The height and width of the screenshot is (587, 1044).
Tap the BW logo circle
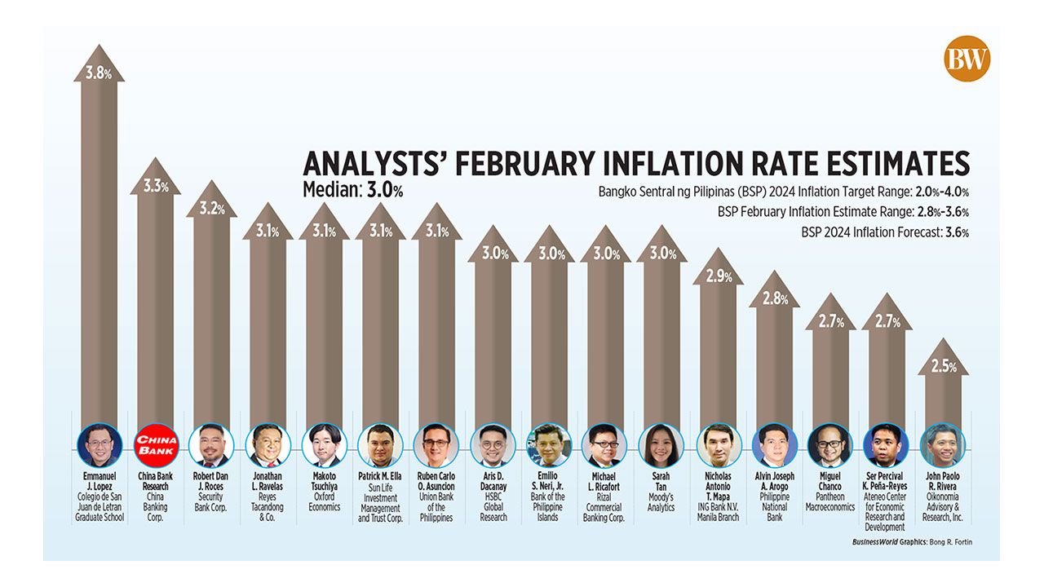point(967,60)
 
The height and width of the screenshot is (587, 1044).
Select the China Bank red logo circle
point(155,445)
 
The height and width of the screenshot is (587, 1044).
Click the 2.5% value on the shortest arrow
point(943,367)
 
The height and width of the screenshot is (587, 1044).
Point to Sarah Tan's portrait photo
point(661,445)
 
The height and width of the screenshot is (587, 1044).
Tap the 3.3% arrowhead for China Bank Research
point(155,186)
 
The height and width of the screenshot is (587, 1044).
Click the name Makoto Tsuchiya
point(324,481)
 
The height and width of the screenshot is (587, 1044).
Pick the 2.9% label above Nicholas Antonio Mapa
point(718,276)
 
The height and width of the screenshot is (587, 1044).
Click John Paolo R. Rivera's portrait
point(943,445)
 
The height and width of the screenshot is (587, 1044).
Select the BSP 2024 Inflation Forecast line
point(885,232)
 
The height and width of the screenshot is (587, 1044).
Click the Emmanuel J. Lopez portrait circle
point(99,445)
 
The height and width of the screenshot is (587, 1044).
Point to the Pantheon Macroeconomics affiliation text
point(829,501)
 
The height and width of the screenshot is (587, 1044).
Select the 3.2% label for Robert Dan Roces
point(211,208)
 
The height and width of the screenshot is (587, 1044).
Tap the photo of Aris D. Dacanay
point(493,445)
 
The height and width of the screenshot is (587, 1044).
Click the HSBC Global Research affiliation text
point(493,506)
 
